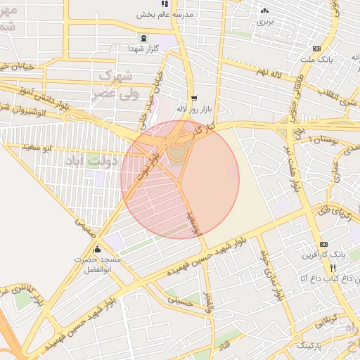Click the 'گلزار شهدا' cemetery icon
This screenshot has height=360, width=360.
coord(144,38)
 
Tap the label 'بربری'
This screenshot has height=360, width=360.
coord(264,22)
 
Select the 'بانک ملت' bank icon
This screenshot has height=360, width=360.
coord(316,49)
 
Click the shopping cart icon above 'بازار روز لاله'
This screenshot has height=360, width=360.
coord(193,98)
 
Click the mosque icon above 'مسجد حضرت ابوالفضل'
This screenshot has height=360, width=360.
coord(97,250)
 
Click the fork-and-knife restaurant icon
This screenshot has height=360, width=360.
coord(333,268)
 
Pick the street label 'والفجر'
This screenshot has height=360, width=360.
coord(207,302)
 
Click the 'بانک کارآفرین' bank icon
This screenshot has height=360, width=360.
coord(323,243)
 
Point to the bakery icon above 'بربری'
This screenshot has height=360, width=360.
coord(264,11)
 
